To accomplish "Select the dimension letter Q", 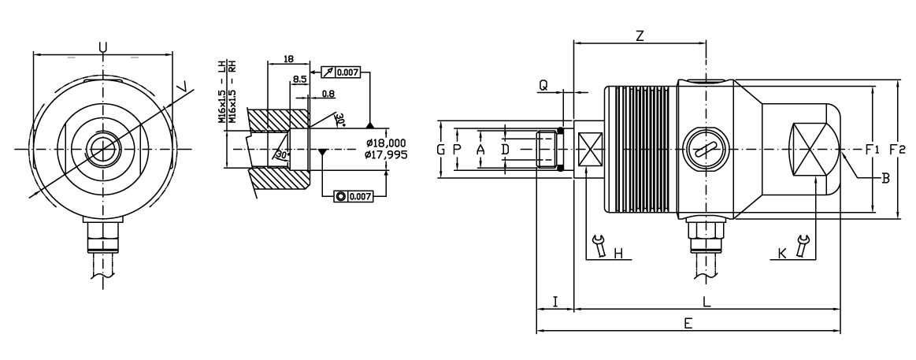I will coord(543,85).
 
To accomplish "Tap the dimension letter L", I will coord(706,301).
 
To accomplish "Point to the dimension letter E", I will coord(688,324).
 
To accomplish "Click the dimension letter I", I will coord(555,301).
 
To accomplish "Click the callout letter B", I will coord(884,180).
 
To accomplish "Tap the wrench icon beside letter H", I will coord(599,246).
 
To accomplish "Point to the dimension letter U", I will coord(103,48).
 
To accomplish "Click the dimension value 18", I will coord(288,58).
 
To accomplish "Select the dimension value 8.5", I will coord(299,80).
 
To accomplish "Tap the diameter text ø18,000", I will coord(386,143).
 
